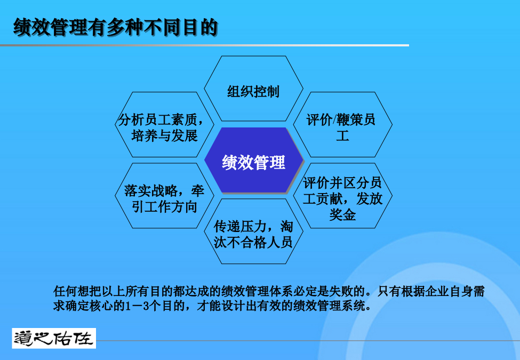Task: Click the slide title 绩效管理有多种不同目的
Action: [116, 27]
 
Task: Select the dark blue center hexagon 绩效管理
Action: [254, 161]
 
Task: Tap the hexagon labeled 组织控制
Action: [253, 89]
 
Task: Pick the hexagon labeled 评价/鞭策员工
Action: [342, 125]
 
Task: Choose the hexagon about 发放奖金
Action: [342, 196]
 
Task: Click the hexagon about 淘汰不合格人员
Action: [253, 231]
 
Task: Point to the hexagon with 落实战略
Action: [164, 196]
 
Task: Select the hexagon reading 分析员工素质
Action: [164, 125]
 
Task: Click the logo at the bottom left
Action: [54, 338]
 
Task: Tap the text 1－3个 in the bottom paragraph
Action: [143, 306]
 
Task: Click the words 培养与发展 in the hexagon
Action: [164, 136]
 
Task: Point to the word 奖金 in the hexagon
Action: [342, 214]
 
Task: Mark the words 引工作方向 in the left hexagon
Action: [164, 207]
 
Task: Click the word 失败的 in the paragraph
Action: [347, 291]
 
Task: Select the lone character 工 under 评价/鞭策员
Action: [342, 136]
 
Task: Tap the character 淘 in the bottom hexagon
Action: [286, 227]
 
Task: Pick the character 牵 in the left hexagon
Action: [198, 190]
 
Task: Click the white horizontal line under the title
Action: [204, 45]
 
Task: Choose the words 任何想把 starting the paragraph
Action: [77, 291]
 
